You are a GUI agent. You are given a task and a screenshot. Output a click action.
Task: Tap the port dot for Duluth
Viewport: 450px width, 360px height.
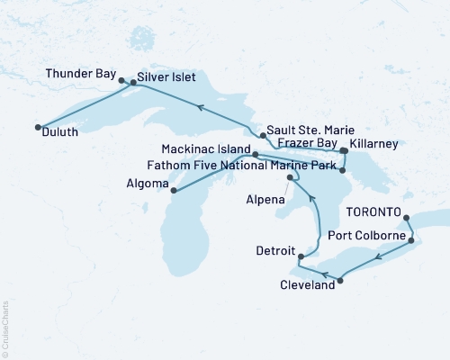[38, 127]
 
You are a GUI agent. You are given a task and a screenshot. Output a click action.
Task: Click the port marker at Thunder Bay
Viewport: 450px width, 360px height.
[121, 80]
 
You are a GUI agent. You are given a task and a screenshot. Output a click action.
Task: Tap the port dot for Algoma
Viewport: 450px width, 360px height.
[173, 191]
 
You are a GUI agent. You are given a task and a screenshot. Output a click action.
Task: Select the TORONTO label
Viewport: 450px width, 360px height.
[372, 212]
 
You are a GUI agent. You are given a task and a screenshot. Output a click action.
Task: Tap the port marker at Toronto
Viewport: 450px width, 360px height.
[406, 217]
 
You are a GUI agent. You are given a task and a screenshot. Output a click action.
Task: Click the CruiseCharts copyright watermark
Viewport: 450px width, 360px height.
[5, 328]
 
